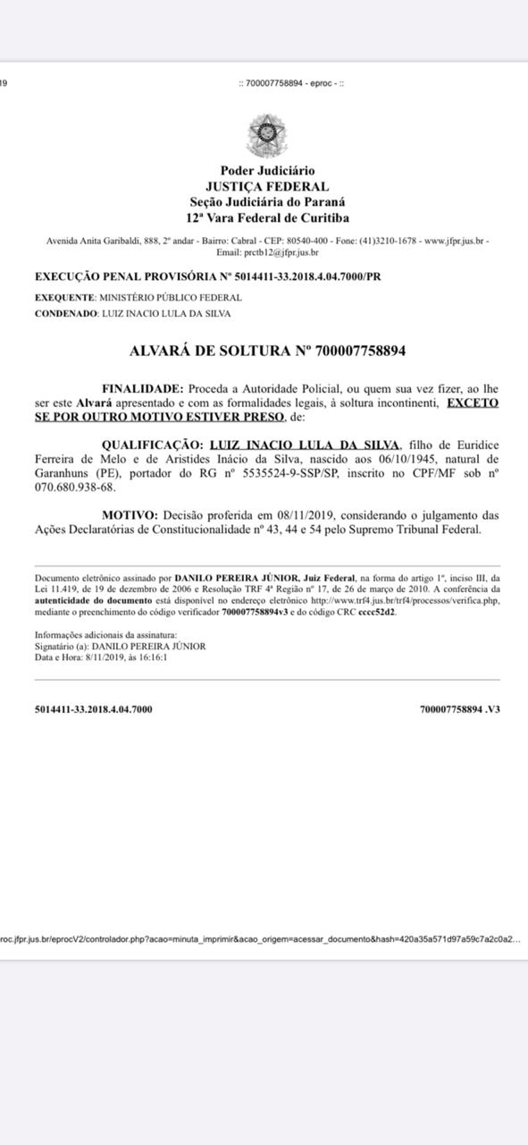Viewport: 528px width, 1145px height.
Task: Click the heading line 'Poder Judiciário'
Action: [267, 171]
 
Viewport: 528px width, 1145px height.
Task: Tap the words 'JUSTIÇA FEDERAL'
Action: [267, 187]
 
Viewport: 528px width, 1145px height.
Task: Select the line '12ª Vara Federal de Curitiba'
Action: [267, 218]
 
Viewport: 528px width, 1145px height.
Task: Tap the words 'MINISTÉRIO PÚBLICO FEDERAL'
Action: [170, 297]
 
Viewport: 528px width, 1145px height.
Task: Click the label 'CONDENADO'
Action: [65, 314]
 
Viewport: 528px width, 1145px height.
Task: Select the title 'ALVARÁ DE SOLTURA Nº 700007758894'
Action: [267, 352]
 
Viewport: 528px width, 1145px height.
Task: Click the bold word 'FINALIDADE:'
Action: [142, 389]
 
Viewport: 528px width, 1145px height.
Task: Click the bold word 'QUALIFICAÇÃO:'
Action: [152, 445]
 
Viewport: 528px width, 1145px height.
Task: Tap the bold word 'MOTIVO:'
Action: [129, 515]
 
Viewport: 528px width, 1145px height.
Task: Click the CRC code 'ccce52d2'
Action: [377, 613]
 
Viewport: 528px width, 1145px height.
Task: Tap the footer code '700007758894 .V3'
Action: [459, 709]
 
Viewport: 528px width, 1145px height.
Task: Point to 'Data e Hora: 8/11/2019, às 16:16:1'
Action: [101, 657]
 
